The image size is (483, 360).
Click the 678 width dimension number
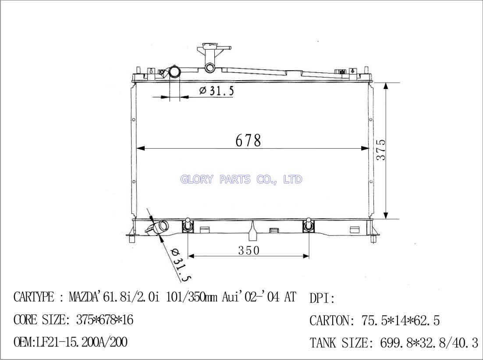248,141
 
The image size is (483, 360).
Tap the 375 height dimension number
381,150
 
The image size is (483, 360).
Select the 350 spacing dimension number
249,250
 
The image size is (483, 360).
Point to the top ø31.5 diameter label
217,91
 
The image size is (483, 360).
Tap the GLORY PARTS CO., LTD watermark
241,179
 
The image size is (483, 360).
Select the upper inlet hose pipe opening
175,72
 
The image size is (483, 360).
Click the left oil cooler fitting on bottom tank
187,225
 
